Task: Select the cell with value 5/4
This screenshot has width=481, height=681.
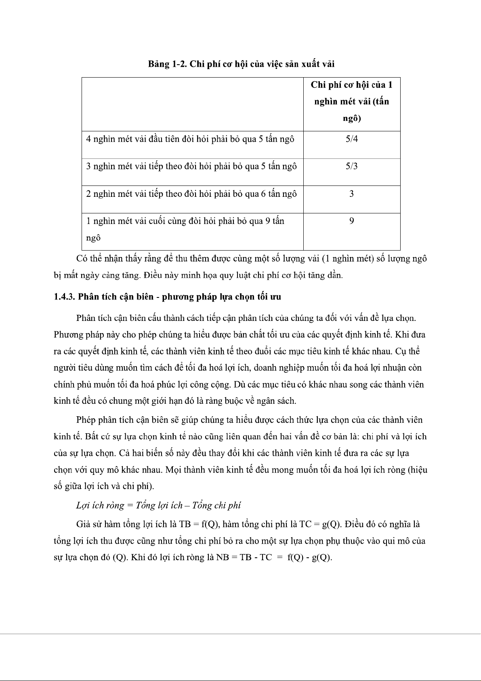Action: [351, 139]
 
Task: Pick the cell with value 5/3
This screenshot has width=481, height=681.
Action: [351, 166]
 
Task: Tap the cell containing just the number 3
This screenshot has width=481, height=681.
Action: [351, 194]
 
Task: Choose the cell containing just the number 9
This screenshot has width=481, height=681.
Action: [351, 221]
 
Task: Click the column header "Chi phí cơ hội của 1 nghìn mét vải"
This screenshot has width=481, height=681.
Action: [351, 101]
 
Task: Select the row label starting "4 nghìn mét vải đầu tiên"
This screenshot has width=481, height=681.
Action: [190, 139]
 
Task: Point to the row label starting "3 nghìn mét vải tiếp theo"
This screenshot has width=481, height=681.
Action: [191, 167]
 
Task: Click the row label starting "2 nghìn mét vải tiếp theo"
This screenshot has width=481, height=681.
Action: [191, 194]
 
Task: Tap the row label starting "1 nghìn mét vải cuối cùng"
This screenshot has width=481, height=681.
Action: [185, 221]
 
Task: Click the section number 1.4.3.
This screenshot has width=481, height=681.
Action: [64, 297]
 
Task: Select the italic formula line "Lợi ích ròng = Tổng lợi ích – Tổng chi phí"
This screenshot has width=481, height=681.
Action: [158, 506]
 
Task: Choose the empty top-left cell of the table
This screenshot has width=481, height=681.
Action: [193, 104]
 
